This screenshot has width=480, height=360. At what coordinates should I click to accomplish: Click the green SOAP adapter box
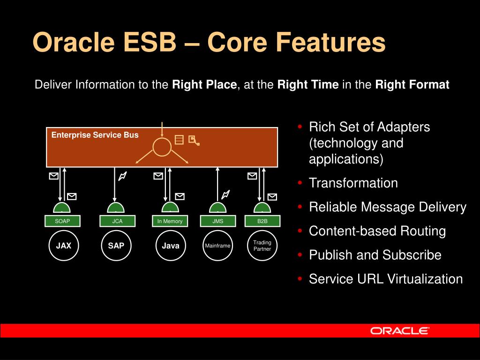62,221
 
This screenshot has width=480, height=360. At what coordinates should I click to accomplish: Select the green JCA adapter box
117,221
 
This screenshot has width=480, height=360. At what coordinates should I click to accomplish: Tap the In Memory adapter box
170,221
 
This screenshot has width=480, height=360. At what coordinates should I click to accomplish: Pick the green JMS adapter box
217,221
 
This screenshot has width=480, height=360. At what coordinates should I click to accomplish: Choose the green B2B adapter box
262,221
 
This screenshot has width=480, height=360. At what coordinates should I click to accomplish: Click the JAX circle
64,246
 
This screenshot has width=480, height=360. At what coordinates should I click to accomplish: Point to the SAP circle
116,246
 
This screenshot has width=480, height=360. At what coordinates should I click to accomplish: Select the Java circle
171,246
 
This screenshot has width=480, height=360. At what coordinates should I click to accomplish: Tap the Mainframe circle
217,246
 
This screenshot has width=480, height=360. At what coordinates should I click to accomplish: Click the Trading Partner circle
262,246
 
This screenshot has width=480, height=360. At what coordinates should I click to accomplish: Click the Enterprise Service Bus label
95,135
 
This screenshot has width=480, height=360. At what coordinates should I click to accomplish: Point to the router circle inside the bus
162,147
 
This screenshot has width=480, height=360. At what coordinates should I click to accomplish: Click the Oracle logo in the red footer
399,331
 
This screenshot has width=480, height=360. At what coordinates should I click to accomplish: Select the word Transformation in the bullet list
353,183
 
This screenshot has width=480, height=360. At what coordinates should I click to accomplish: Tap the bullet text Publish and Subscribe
375,255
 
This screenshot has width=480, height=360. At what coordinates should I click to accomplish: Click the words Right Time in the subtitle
308,85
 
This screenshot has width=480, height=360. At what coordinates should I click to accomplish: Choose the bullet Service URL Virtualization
385,279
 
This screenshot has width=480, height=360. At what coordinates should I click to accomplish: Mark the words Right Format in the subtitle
412,85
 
